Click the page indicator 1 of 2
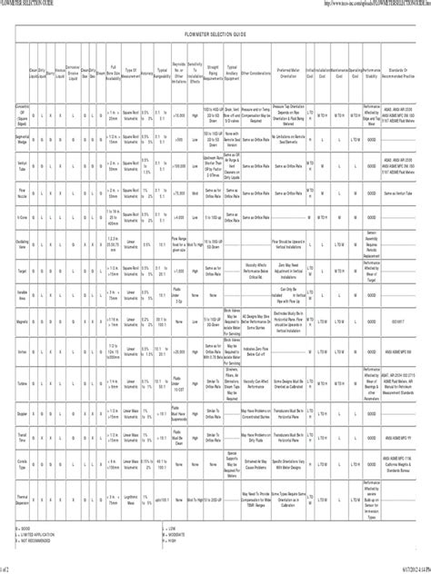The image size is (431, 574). tap(8, 569)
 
